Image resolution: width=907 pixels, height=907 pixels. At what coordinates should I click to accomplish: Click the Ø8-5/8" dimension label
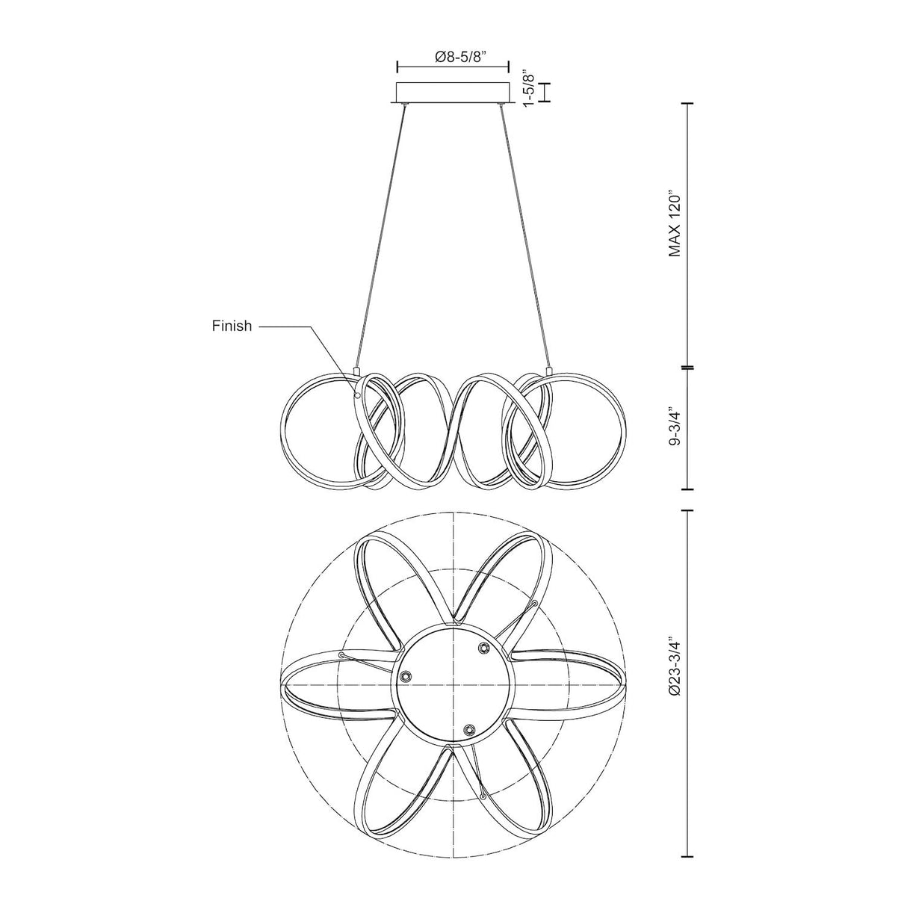(453, 57)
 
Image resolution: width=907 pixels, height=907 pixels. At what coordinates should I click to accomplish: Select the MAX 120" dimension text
(675, 223)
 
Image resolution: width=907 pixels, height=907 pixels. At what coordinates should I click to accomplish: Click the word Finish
(232, 326)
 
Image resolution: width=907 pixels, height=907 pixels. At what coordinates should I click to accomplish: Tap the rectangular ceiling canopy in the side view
(453, 93)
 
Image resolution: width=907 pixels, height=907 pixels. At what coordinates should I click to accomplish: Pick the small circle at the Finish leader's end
(357, 395)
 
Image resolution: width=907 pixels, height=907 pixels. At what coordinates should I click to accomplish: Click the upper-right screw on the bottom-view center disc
(483, 648)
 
